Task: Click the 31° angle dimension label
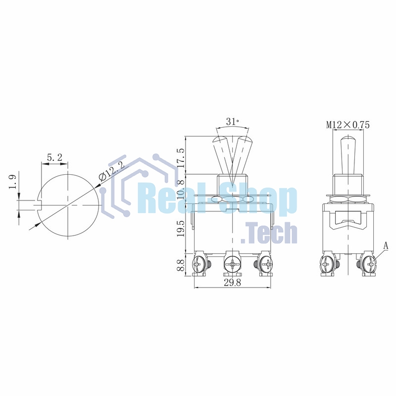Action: [x=232, y=121]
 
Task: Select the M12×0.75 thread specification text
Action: [x=348, y=125]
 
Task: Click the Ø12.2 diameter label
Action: [x=111, y=170]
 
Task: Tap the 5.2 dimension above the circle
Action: [x=54, y=157]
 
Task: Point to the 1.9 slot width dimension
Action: [x=13, y=182]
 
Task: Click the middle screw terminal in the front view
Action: [x=232, y=266]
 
